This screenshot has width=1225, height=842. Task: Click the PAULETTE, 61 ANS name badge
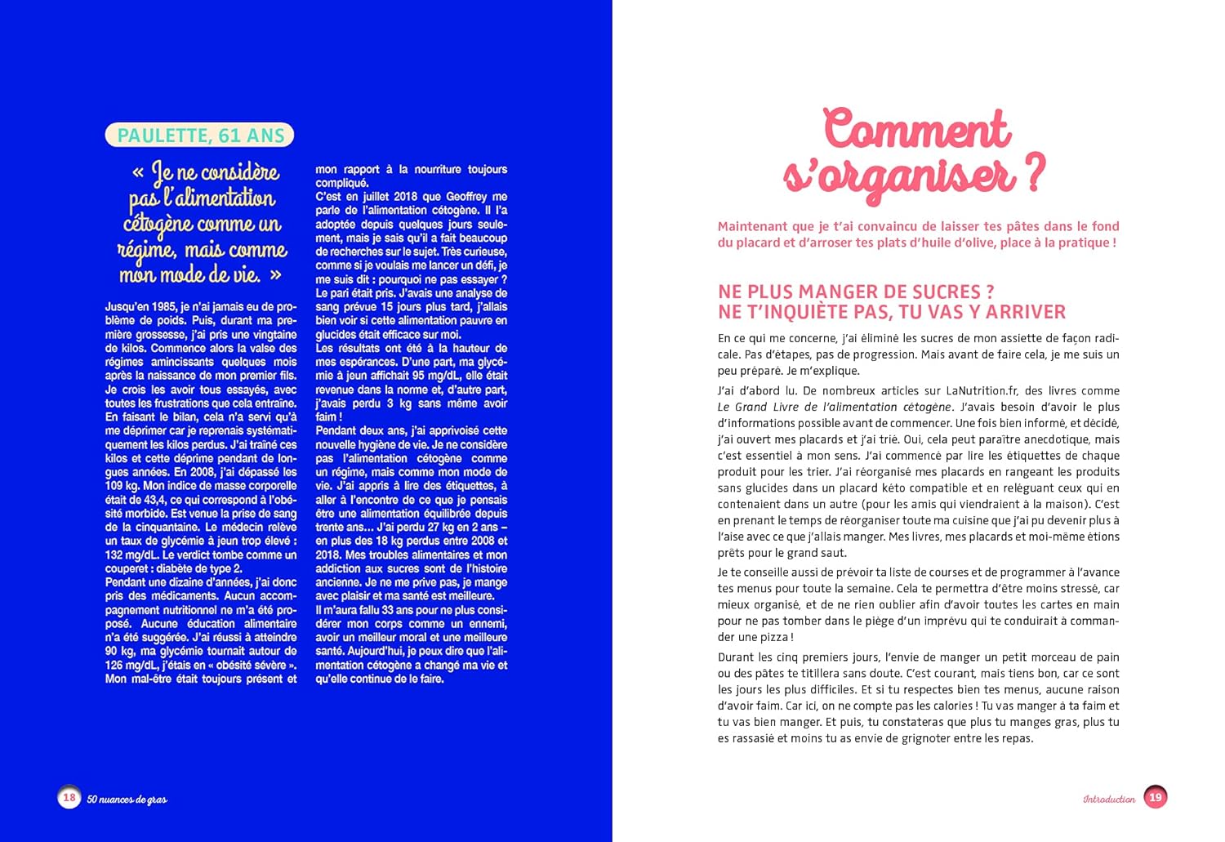[199, 136]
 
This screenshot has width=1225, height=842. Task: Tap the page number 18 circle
[69, 797]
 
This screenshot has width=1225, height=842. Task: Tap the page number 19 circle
[1156, 797]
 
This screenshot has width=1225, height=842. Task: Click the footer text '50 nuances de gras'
[127, 799]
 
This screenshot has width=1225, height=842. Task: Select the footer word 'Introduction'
[1109, 799]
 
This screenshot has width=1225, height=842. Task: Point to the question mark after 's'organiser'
[1034, 173]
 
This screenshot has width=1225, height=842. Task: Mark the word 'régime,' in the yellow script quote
[146, 250]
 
